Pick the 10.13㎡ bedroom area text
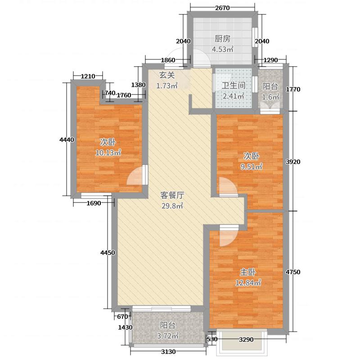(108, 153)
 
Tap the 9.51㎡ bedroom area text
(252, 166)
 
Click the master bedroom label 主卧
(247, 273)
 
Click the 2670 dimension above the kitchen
(222, 8)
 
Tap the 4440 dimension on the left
(67, 140)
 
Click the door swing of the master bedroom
(228, 238)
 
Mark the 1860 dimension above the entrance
(168, 60)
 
